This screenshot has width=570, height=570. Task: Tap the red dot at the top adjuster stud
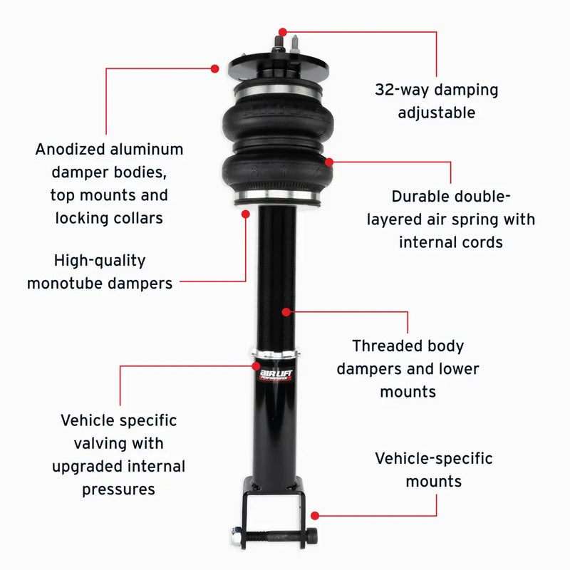click(x=283, y=32)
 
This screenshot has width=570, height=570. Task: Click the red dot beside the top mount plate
click(x=214, y=68)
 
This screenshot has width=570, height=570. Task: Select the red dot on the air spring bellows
click(x=329, y=162)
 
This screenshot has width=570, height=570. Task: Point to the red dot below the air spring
click(x=246, y=213)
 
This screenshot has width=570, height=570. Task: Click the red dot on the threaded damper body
click(x=286, y=311)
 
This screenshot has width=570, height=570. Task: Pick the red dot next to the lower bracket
click(x=315, y=514)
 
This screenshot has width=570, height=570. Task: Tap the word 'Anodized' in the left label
click(x=70, y=150)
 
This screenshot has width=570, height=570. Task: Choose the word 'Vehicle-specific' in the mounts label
click(x=433, y=458)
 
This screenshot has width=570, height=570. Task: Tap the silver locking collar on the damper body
click(x=276, y=354)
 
